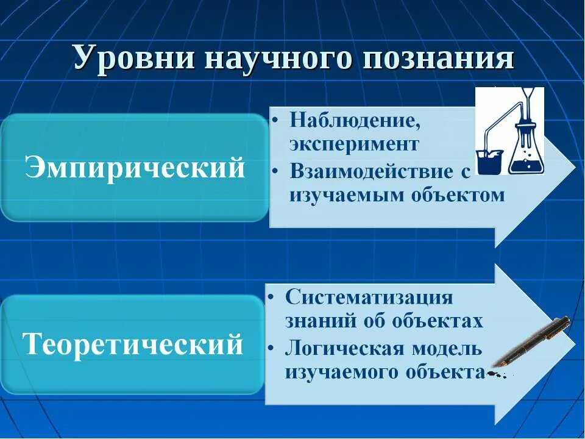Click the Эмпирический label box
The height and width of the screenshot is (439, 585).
[x=135, y=168]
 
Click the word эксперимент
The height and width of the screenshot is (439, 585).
[x=354, y=145]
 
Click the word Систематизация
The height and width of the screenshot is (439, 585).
[x=369, y=298]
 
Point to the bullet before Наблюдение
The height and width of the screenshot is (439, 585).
[x=276, y=120]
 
